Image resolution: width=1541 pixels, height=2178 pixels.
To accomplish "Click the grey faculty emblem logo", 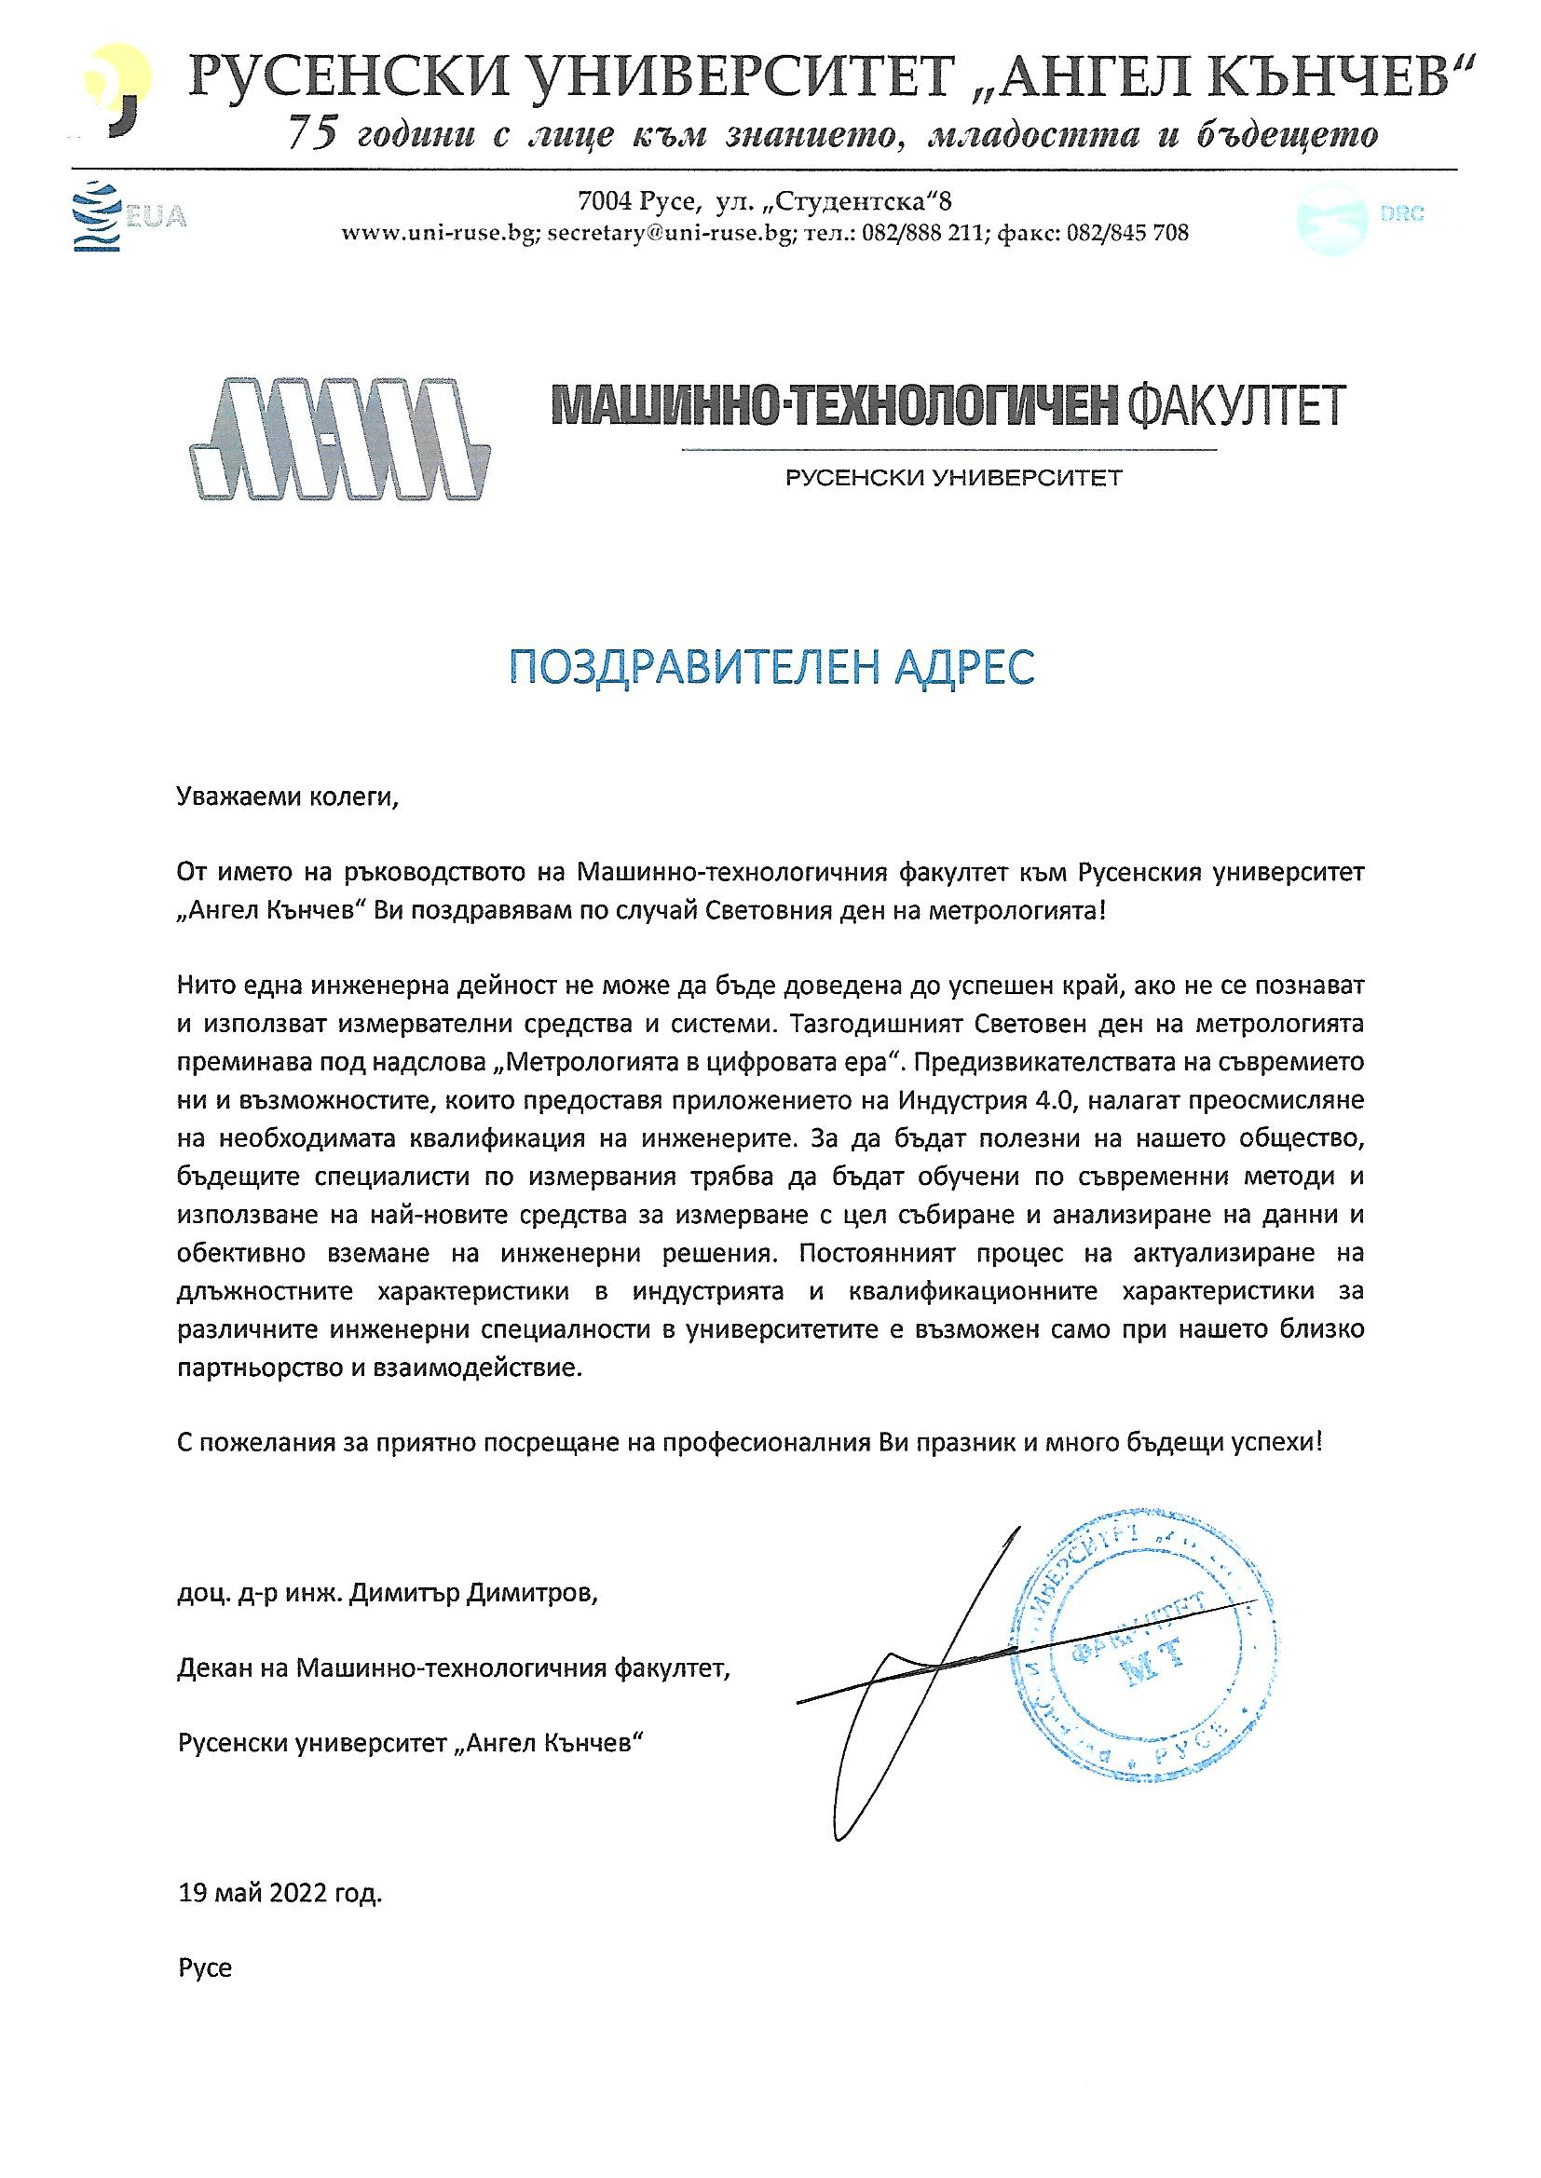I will tap(341, 438).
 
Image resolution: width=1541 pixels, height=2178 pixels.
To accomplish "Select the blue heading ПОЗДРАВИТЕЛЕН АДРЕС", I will tap(770, 668).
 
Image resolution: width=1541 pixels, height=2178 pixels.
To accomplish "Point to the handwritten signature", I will tap(911, 1669).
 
